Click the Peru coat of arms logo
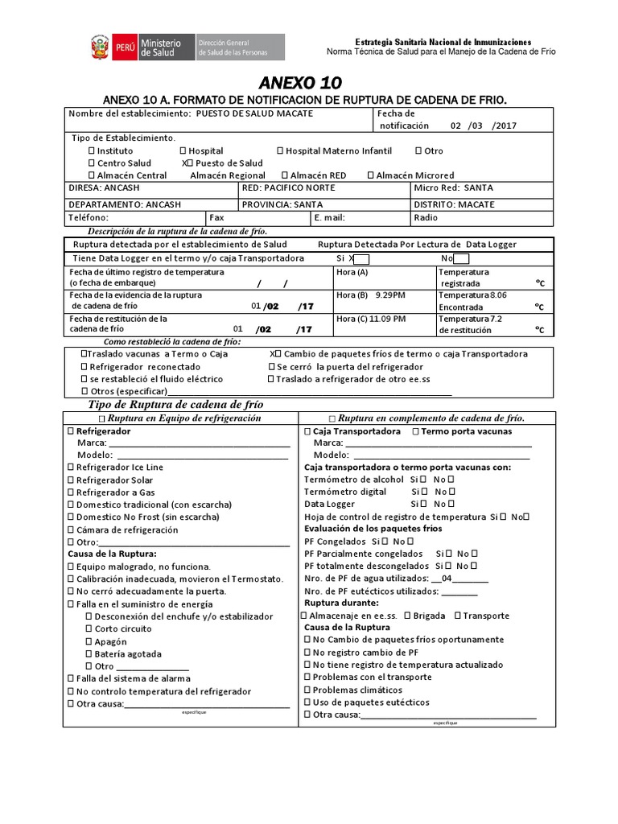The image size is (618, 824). click(x=100, y=47)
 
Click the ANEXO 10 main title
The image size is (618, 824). click(x=300, y=83)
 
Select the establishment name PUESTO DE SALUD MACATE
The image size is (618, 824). click(x=254, y=113)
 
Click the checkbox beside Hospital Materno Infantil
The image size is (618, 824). click(x=280, y=150)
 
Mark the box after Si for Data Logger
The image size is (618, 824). click(x=361, y=258)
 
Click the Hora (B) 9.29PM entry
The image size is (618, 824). click(x=371, y=295)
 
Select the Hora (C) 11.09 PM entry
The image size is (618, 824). click(x=371, y=319)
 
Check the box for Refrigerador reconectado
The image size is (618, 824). click(x=84, y=366)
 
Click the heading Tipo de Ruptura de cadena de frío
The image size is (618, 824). click(x=175, y=404)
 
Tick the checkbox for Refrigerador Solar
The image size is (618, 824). click(x=71, y=480)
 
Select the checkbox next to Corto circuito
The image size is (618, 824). click(x=89, y=629)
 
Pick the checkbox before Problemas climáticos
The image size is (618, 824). click(x=307, y=690)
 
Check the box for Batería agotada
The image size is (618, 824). click(x=89, y=654)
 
